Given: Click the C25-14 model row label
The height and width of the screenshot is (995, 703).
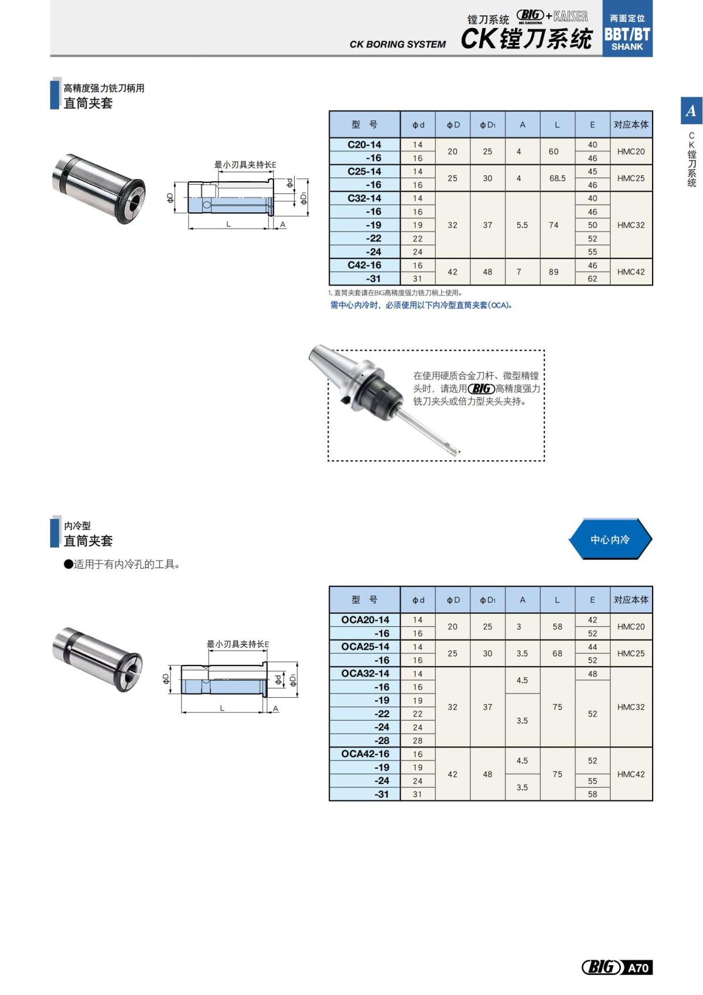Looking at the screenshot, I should [x=364, y=172].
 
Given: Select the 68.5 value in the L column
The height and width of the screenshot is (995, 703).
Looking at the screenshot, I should [x=557, y=178].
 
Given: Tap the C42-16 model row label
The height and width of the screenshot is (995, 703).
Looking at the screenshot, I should [x=364, y=266].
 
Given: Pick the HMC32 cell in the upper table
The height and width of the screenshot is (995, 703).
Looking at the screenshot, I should [x=630, y=225].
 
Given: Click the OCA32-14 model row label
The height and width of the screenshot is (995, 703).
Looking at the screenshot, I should [x=365, y=674].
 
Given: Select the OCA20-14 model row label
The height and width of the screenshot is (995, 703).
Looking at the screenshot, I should [x=365, y=620].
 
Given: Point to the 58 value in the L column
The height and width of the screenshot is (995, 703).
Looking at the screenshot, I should [x=557, y=627].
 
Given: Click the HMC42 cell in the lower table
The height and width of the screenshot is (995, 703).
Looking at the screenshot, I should [x=630, y=775].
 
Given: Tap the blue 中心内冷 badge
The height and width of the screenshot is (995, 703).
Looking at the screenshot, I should [x=609, y=539].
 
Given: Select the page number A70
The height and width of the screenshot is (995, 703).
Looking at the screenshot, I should [x=638, y=967].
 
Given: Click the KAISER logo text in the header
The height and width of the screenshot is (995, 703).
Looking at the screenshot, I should [x=570, y=16].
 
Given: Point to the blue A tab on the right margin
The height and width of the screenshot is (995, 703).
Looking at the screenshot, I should [x=691, y=111].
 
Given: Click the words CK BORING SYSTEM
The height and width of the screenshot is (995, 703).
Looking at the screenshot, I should [x=397, y=45].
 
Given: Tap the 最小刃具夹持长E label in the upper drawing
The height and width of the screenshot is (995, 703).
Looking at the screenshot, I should [x=245, y=165].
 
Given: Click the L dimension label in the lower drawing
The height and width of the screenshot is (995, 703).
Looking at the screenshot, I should [x=222, y=708].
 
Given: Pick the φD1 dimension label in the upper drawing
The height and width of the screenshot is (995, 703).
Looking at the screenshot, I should [x=303, y=198].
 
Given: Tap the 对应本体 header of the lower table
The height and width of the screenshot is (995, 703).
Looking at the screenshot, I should [x=631, y=600].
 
